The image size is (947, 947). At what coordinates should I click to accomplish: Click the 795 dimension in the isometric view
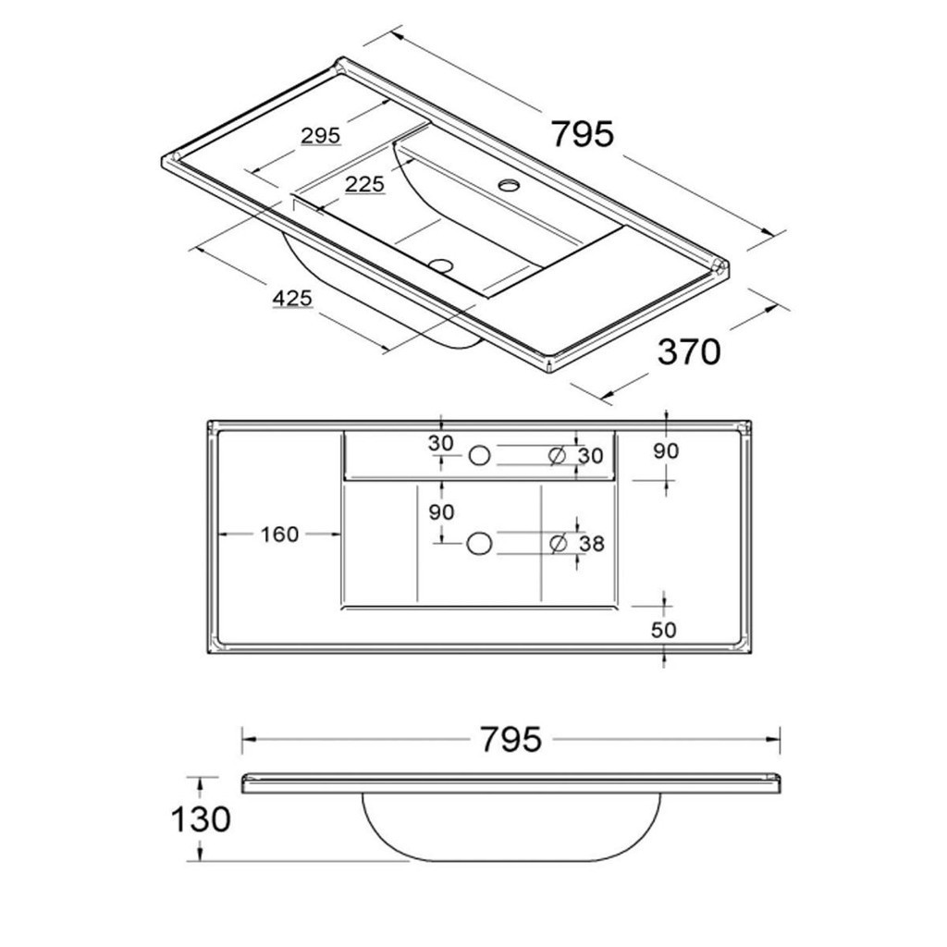coord(583,134)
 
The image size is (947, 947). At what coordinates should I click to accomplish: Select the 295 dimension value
coord(321,136)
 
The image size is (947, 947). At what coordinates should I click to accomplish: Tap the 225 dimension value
coord(364,185)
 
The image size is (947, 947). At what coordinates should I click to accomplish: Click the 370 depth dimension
coord(688,351)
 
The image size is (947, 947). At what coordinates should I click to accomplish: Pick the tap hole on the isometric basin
coord(509,185)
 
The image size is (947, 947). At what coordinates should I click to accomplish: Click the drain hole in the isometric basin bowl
coord(442,264)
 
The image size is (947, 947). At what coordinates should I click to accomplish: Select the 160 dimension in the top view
coord(279,535)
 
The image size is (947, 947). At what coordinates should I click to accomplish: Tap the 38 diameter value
coord(592,544)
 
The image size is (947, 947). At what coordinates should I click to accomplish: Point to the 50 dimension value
coord(664,630)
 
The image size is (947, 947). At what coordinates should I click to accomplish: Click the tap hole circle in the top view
coord(480,454)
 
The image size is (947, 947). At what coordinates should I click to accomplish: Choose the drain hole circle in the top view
coord(478,544)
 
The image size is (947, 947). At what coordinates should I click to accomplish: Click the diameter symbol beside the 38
coord(559,544)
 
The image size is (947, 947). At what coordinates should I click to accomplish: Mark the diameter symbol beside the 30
coord(557,455)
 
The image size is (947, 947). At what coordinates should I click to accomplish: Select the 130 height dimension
coord(200,818)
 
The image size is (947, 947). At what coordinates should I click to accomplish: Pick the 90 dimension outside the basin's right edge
coord(666,451)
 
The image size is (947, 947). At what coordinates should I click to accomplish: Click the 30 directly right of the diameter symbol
coord(590,455)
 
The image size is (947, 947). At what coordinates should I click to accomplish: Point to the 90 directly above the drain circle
coord(441,511)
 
